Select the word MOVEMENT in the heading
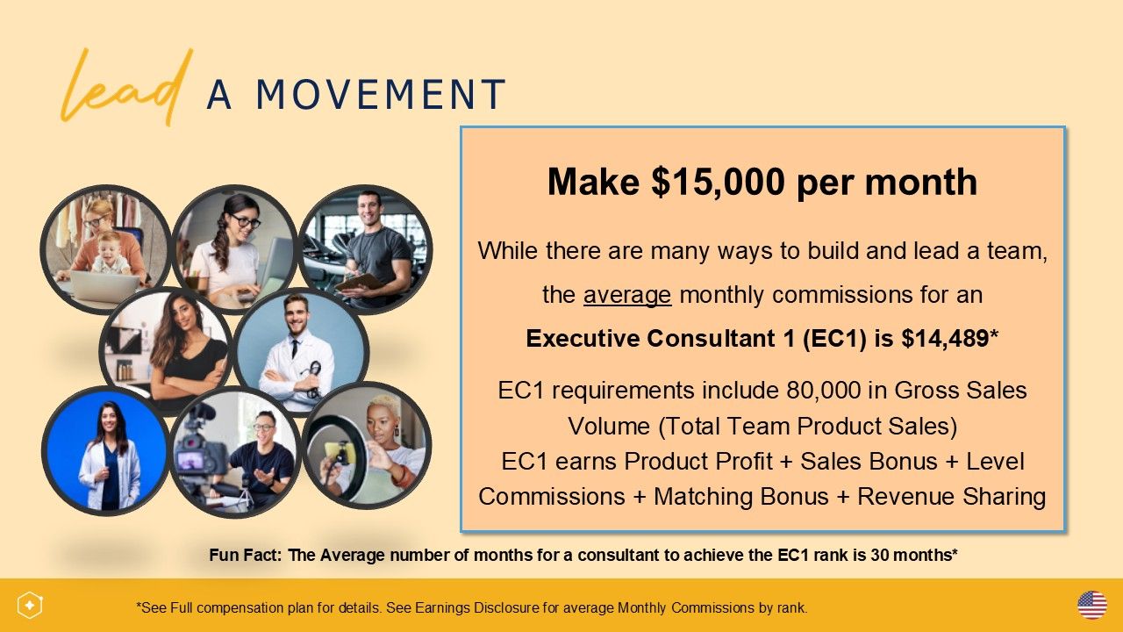pyautogui.click(x=381, y=94)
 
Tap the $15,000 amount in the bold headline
pyautogui.click(x=718, y=182)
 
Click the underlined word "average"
pyautogui.click(x=627, y=295)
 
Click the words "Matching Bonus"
pyautogui.click(x=741, y=497)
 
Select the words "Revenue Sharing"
pyautogui.click(x=952, y=497)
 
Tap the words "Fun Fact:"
pyautogui.click(x=246, y=556)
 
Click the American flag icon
pyautogui.click(x=1092, y=606)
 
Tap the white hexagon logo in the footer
pyautogui.click(x=30, y=606)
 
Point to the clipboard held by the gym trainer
pyautogui.click(x=360, y=283)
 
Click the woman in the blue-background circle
pyautogui.click(x=109, y=456)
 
